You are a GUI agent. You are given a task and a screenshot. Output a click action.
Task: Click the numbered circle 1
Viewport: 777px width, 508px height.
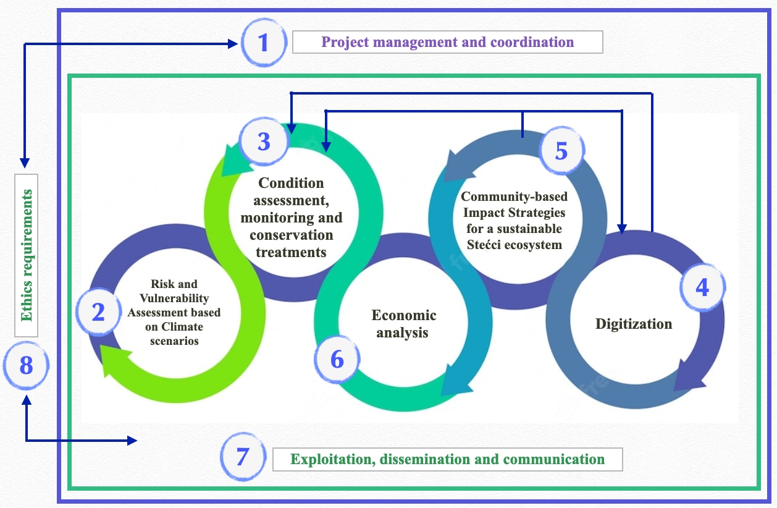(x=264, y=43)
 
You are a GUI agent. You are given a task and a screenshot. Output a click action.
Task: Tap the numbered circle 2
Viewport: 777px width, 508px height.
(x=98, y=313)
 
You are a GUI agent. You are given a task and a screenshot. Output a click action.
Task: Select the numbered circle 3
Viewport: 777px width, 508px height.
(x=264, y=142)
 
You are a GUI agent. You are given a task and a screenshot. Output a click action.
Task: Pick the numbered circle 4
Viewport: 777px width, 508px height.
(x=702, y=287)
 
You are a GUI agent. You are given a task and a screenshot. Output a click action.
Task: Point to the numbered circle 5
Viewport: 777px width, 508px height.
(x=561, y=151)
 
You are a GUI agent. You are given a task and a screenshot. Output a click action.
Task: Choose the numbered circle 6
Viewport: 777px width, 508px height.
(x=337, y=359)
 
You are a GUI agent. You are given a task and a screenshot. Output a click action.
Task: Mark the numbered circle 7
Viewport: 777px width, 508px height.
(x=243, y=457)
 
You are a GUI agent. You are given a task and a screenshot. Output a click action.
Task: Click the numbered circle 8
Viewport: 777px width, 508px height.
(x=26, y=366)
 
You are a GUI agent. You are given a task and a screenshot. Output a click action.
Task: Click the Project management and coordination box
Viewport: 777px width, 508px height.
(x=447, y=43)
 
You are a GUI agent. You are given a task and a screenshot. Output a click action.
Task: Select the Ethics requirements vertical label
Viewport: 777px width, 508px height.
(x=26, y=255)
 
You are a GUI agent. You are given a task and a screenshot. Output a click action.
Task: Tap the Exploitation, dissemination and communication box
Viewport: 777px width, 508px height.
(x=447, y=459)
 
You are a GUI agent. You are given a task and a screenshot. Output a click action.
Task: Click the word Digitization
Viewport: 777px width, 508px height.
(x=634, y=324)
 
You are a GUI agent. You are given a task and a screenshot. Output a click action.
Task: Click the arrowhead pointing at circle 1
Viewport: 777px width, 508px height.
(x=233, y=43)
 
